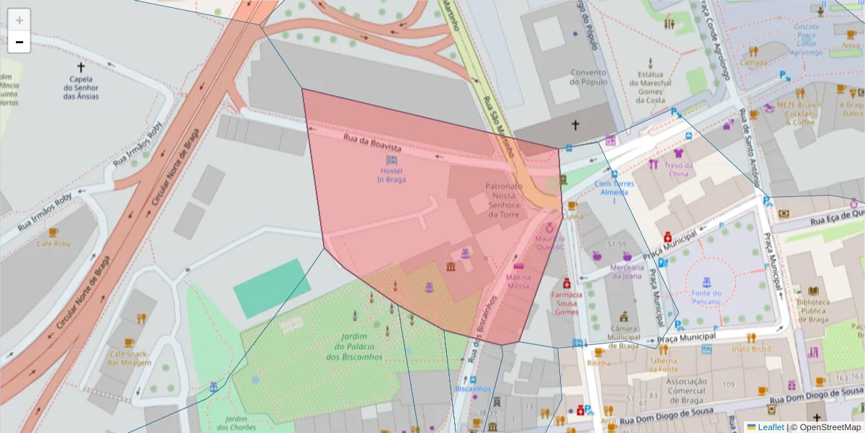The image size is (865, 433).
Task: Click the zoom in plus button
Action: pos(19,19)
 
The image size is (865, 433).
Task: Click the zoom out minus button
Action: pos(19,42)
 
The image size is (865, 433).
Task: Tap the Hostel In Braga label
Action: pos(391,175)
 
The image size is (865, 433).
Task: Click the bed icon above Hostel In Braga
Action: pos(391,159)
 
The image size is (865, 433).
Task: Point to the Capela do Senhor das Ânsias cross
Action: pos(81,67)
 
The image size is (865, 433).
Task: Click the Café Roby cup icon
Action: pos(53,232)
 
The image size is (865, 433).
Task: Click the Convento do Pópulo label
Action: pos(589,76)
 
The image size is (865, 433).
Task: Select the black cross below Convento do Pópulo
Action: pos(575,126)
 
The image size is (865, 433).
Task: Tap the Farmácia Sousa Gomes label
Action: pos(566,303)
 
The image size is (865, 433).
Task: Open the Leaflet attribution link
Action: pos(771,427)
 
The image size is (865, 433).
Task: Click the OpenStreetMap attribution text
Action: pos(830,427)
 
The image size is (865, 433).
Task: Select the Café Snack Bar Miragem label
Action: pos(130,358)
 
